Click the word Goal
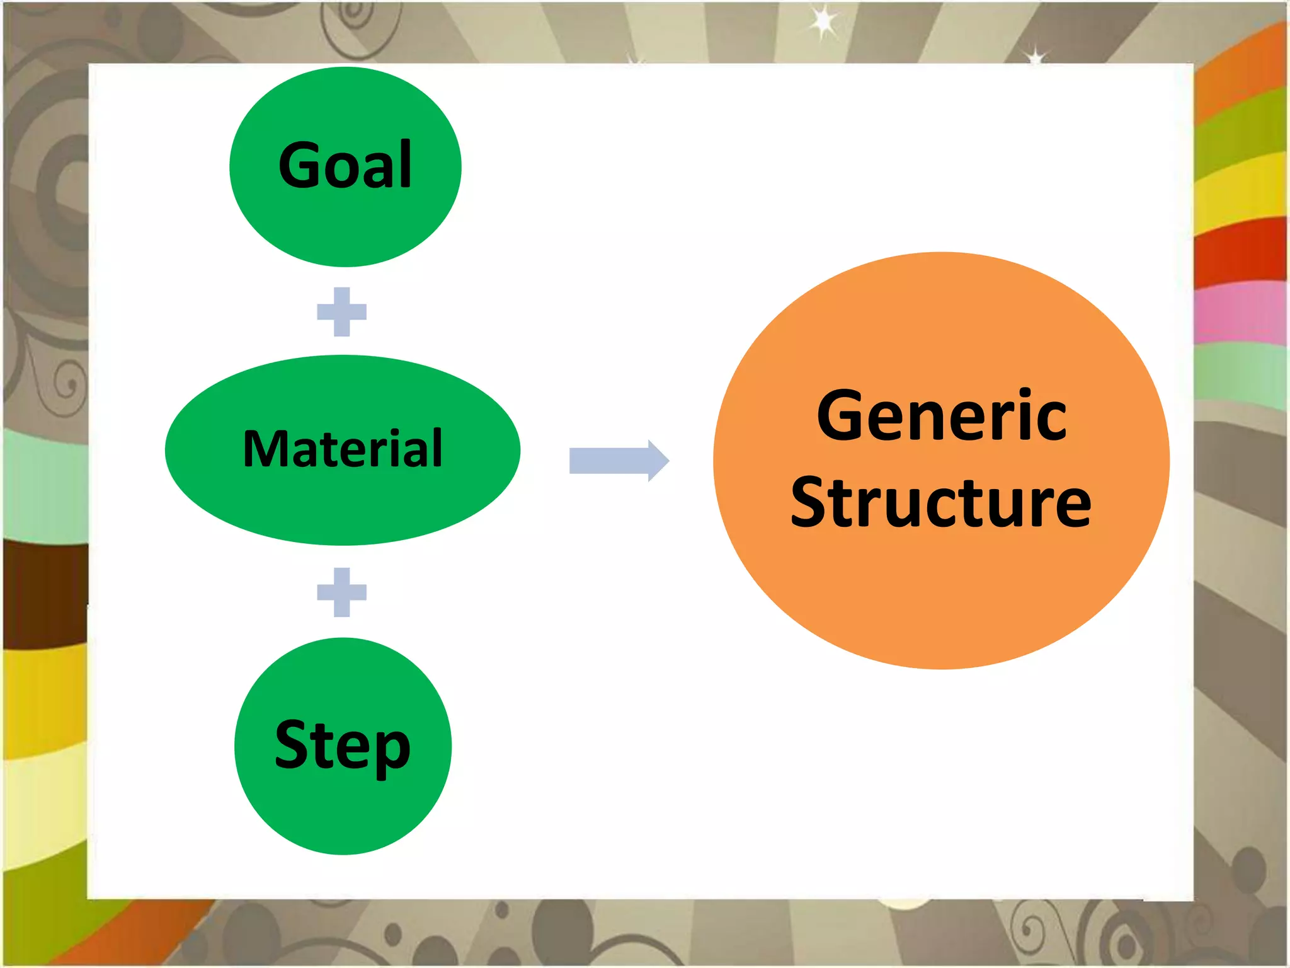point(345,165)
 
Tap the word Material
point(343,449)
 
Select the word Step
point(343,746)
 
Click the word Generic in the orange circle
point(941,416)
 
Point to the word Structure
point(941,503)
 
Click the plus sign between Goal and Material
point(341,312)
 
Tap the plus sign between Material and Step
point(341,592)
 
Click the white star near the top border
point(823,23)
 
